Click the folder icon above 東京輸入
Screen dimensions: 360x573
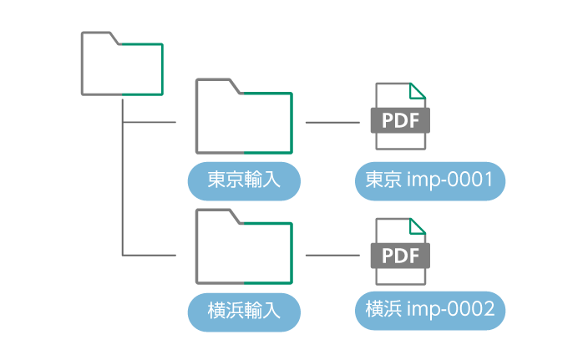pos(244,118)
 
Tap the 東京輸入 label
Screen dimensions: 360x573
pos(244,181)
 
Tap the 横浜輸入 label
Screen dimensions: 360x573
pos(244,312)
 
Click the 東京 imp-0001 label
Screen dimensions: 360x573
pos(430,181)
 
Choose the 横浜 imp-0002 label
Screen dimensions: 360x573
pos(430,309)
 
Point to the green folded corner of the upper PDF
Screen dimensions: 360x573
pos(418,90)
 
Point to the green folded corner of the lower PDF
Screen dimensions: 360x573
pos(418,226)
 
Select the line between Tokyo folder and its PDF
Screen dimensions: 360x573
pos(332,122)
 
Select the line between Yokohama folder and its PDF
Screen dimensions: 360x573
pos(332,255)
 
